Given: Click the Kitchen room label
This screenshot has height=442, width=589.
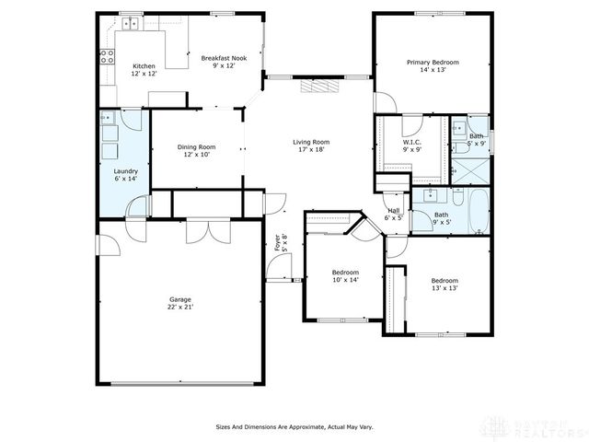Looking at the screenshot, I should [x=144, y=69].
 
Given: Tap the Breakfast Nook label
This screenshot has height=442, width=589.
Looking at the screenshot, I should [x=225, y=62].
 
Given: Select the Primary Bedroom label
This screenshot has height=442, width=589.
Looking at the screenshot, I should [x=433, y=65].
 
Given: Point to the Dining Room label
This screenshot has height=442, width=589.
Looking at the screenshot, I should [x=197, y=150].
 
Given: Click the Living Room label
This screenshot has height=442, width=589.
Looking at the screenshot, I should [x=311, y=145].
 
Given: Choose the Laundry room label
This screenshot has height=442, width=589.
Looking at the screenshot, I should [x=125, y=174].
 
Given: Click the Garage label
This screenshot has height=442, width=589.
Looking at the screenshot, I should [x=180, y=303].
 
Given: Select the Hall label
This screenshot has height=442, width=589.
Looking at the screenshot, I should [x=393, y=214].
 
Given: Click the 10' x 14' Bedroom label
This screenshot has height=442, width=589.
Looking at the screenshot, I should [x=345, y=276].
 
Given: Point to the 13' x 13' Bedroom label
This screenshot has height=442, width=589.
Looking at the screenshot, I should [x=445, y=284].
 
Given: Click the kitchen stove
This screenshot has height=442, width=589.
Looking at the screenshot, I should [x=108, y=54].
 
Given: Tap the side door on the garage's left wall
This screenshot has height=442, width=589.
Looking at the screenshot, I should [x=103, y=246].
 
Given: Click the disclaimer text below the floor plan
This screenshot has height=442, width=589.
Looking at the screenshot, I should [x=294, y=427].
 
